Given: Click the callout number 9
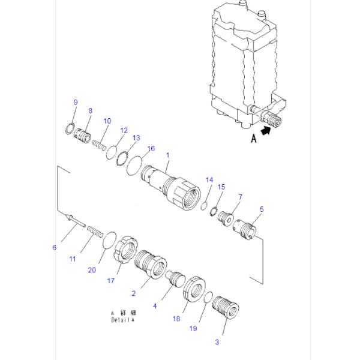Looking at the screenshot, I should [x=76, y=103].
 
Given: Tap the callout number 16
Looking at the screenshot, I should [x=151, y=148].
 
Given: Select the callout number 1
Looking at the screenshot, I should [x=167, y=155].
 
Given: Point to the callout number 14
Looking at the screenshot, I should [x=209, y=179].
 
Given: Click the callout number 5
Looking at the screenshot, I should [x=261, y=209].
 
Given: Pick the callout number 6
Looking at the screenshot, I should [x=54, y=247].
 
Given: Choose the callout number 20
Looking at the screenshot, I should [x=92, y=270].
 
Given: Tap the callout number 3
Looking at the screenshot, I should [x=217, y=342].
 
